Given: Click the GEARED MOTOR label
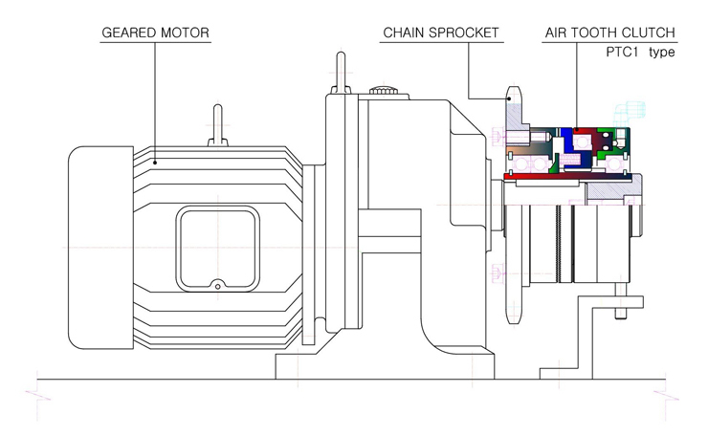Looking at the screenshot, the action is (155, 33).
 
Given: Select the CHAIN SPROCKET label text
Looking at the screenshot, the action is (441, 33).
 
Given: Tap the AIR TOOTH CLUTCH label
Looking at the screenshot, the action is (610, 33).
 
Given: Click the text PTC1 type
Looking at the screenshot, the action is (640, 52).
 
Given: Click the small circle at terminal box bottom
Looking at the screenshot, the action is (217, 286).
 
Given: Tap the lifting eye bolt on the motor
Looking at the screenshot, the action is (217, 125).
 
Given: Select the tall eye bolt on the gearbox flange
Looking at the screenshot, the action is (342, 73).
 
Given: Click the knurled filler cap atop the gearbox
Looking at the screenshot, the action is (384, 90).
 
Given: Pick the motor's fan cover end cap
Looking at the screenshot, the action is (100, 248).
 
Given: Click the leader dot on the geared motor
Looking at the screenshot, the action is (155, 163).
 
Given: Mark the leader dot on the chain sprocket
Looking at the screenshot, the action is (509, 98).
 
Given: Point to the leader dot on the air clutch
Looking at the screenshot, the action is (577, 129).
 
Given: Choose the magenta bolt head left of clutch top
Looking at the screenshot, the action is (497, 137).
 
